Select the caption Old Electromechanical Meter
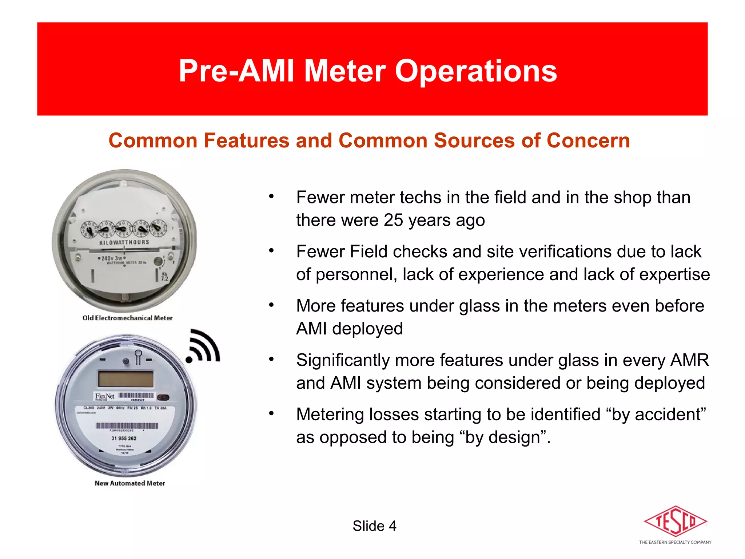click(x=127, y=318)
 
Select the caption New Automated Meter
click(x=130, y=483)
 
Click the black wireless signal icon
click(x=204, y=346)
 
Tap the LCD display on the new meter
click(x=126, y=379)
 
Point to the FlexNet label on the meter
click(x=105, y=396)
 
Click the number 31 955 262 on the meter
click(x=124, y=439)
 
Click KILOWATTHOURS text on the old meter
click(x=124, y=242)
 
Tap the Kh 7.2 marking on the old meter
click(x=164, y=277)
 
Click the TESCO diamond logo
click(x=675, y=521)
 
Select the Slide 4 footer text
click(x=374, y=526)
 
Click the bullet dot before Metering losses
click(x=271, y=414)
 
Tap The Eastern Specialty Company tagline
click(x=675, y=542)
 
